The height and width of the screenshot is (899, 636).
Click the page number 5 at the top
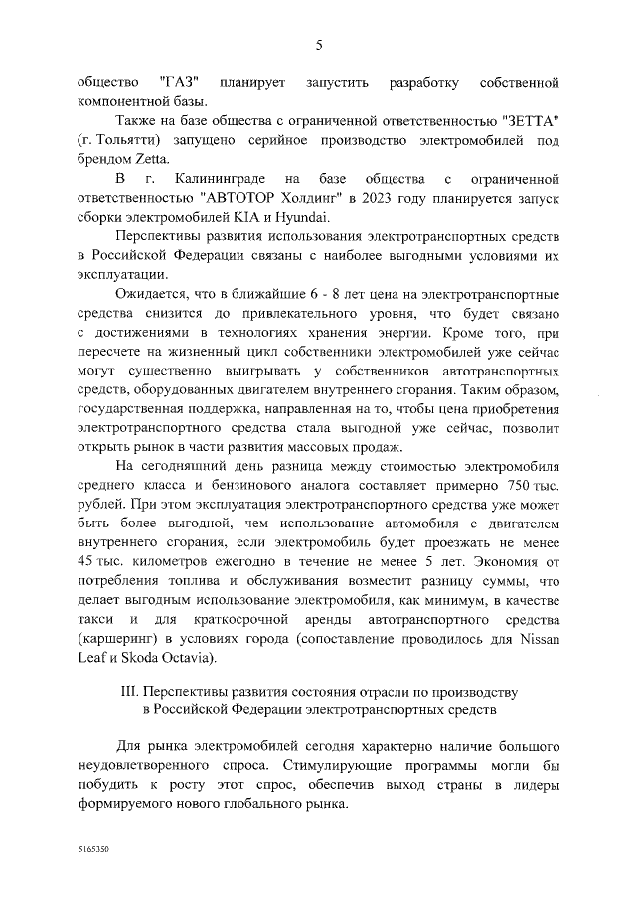319,45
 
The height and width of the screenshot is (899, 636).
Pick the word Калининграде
217,180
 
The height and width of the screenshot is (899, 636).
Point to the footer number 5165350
94,851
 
